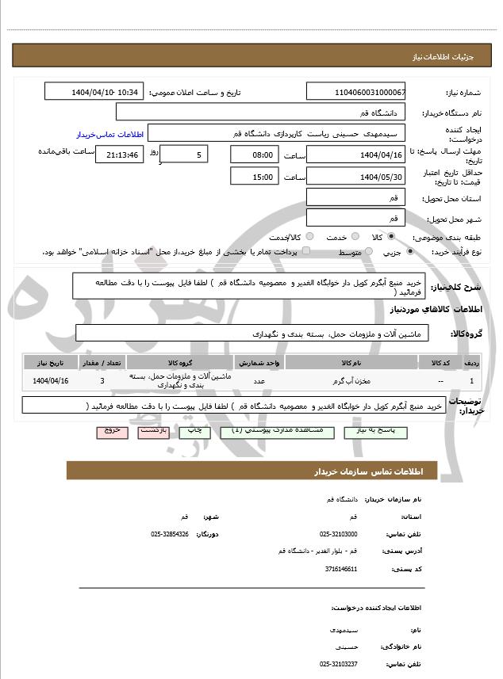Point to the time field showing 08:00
254,154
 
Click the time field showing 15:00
254,177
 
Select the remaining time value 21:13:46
119,154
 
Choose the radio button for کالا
391,237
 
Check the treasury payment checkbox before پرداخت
307,252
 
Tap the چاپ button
194,432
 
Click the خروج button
110,432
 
